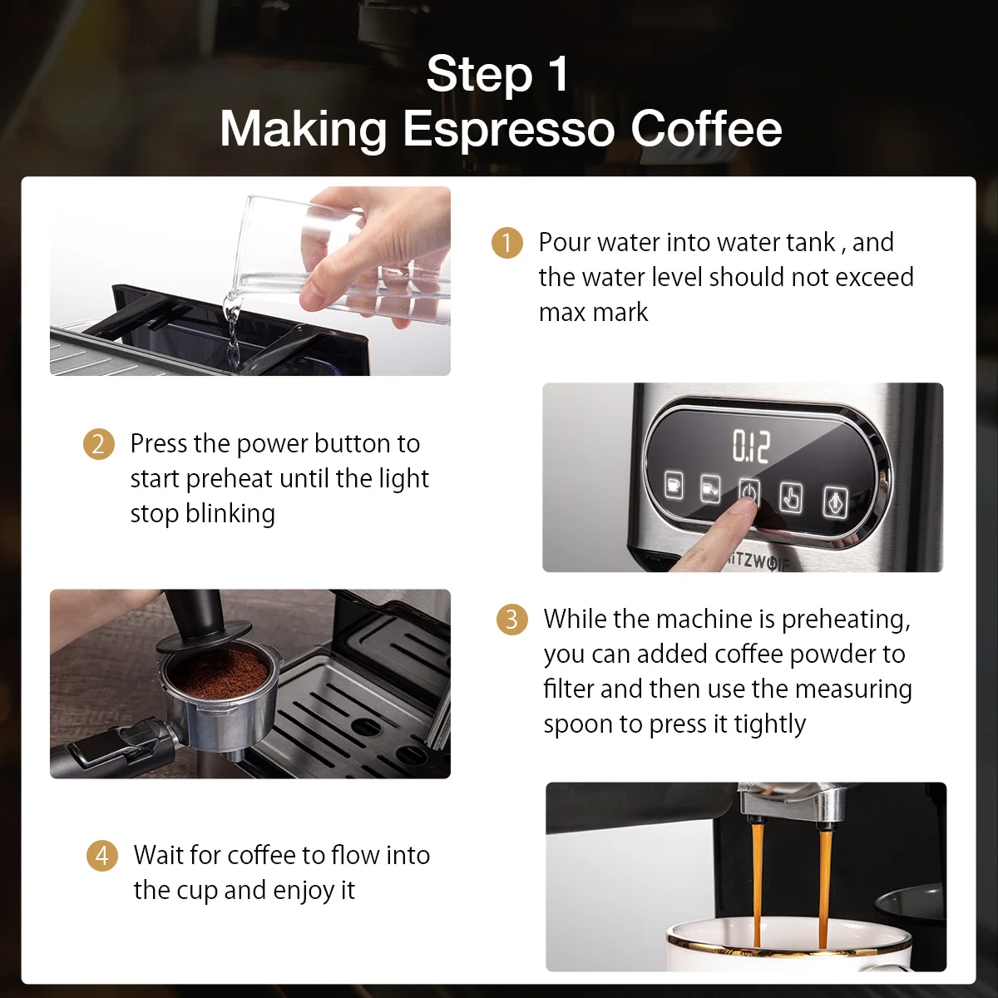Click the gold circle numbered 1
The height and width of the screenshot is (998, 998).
click(506, 242)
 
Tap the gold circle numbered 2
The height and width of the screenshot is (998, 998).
click(98, 444)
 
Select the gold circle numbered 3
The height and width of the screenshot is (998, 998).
click(511, 619)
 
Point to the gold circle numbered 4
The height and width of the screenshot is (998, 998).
click(102, 855)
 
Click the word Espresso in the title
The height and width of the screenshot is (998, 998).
click(509, 130)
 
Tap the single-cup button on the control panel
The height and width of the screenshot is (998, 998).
click(674, 486)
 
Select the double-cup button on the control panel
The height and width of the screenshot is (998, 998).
click(710, 489)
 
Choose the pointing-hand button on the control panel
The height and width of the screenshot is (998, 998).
click(791, 497)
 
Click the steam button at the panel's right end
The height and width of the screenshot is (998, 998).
click(835, 501)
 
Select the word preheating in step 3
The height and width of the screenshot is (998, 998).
click(845, 620)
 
